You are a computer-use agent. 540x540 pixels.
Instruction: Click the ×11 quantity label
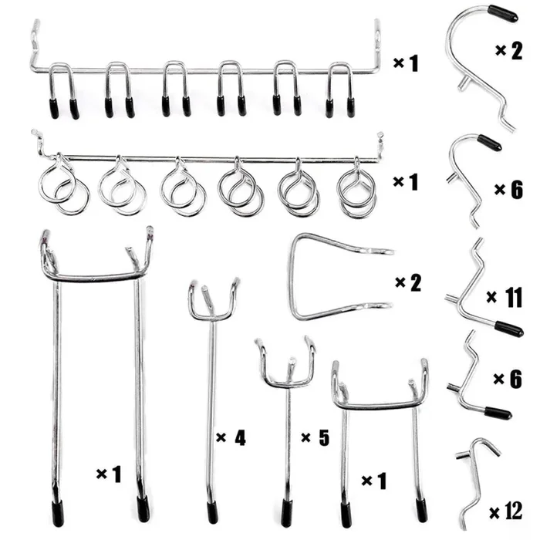[505, 297]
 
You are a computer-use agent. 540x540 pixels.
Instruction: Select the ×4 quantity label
[231, 437]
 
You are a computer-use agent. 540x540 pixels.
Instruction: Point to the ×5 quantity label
[315, 437]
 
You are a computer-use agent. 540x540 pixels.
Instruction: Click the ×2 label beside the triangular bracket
[408, 283]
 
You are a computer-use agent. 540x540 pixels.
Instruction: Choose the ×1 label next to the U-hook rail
[406, 63]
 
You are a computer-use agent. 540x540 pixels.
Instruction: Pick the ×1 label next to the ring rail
[406, 182]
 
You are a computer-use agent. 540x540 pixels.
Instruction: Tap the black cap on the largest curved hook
[502, 13]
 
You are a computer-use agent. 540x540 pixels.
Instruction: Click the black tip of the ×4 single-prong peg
[212, 511]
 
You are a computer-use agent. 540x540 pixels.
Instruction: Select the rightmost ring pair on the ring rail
[356, 187]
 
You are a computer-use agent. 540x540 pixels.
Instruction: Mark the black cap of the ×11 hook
[509, 329]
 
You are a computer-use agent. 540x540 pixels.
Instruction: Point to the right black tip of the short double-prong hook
[421, 511]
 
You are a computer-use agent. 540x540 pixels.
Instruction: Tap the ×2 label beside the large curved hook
[509, 51]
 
